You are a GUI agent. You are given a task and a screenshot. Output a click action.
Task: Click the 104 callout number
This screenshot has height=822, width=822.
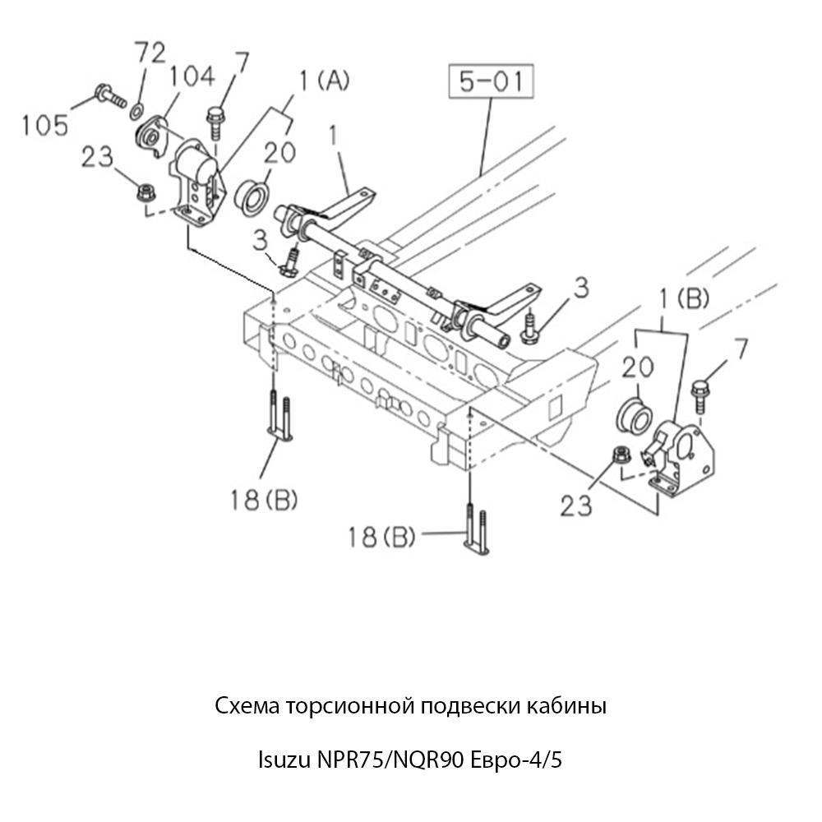pos(192,77)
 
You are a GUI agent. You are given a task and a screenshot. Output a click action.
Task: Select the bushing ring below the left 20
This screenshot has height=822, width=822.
pos(253,197)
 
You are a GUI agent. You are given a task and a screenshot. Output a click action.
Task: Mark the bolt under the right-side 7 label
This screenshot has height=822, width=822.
pos(702,396)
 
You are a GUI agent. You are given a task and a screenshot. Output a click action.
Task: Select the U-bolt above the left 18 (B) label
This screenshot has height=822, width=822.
pos(278,418)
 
